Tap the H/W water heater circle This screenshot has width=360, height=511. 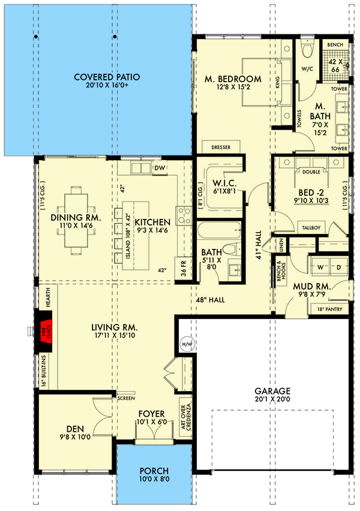coord(186,344)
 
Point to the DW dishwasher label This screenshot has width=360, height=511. coord(160,169)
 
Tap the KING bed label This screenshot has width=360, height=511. coord(278,82)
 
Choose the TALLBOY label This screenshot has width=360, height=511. coord(311,228)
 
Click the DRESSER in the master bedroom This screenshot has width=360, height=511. coord(217,147)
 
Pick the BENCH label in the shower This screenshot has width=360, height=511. coord(335,44)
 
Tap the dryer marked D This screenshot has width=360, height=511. coord(337,266)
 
